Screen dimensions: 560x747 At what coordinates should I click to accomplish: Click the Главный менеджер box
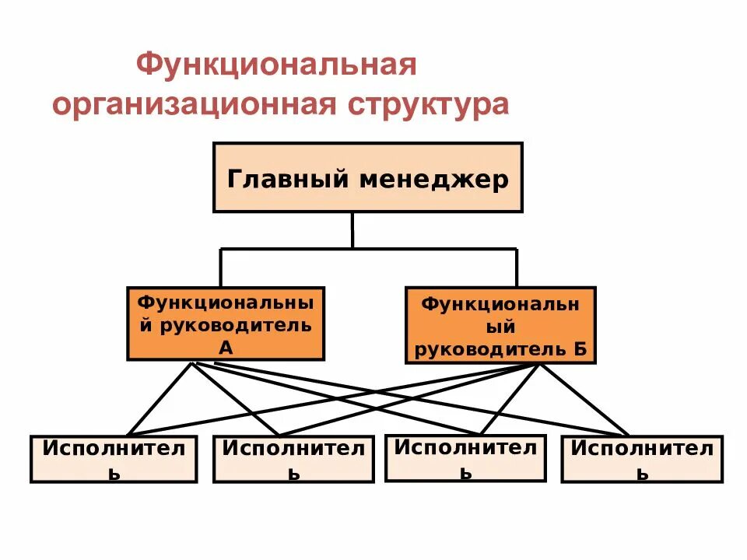368,177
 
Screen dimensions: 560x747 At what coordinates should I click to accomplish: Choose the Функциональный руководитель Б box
500,325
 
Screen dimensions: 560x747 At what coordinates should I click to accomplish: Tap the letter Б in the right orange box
580,349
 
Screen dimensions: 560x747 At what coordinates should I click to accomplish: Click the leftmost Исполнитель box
114,459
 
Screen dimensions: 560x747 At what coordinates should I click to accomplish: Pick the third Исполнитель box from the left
466,457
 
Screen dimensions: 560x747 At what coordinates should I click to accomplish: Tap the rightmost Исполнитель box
642,459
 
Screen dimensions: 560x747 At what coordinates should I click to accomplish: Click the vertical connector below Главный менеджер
352,230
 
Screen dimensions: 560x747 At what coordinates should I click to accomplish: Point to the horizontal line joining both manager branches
368,249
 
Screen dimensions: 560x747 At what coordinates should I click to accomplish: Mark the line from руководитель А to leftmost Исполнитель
160,398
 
